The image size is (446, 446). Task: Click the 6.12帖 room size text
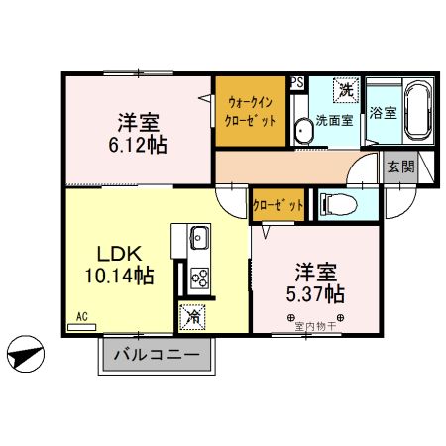click(x=138, y=145)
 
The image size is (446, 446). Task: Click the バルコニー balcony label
click(x=155, y=355)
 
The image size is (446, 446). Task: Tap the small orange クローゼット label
click(x=278, y=205)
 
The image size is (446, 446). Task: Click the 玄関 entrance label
click(x=400, y=167)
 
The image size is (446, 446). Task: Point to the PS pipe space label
click(x=296, y=83)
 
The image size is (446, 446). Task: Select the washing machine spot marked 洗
click(x=346, y=90)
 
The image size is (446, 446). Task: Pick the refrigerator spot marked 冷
click(x=192, y=317)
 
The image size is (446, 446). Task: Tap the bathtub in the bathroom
click(x=414, y=112)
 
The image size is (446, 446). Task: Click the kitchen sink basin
click(x=198, y=238)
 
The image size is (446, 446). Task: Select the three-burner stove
click(x=198, y=279)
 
